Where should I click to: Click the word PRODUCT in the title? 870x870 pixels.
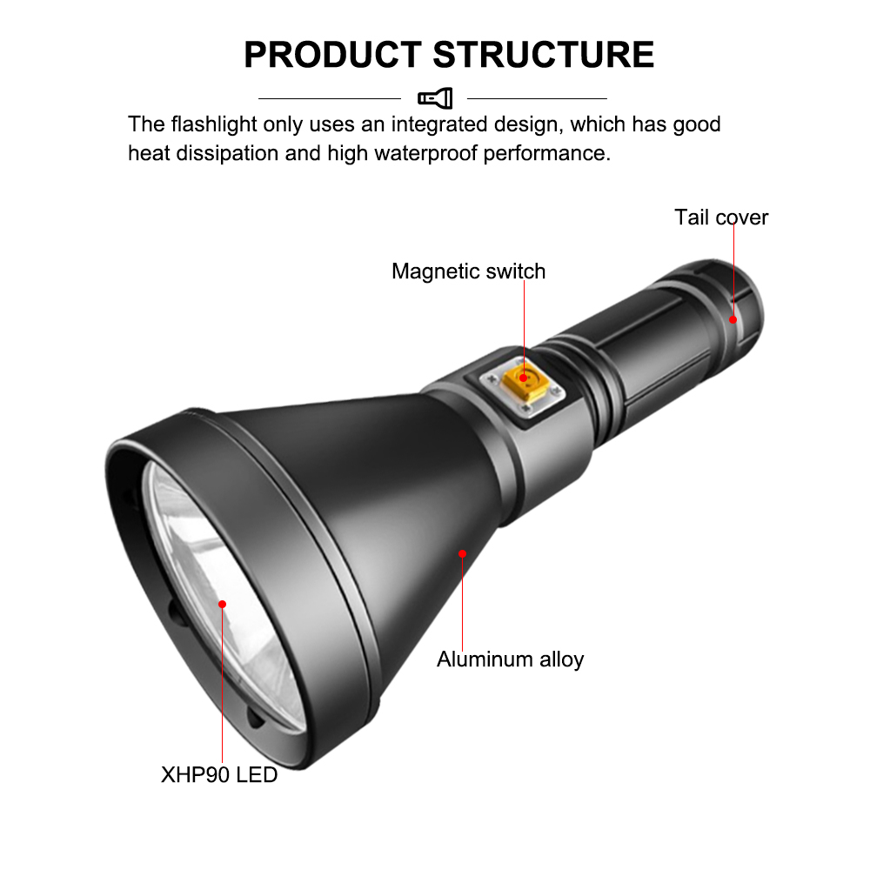[x=332, y=54]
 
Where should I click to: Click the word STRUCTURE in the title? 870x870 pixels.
[x=543, y=54]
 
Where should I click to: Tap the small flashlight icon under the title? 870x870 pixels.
[x=435, y=98]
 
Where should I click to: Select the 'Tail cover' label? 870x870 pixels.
[x=721, y=217]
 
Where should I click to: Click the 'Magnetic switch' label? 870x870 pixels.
[x=468, y=271]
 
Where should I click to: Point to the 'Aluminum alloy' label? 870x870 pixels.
[x=510, y=659]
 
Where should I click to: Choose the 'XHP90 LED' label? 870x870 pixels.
[x=219, y=774]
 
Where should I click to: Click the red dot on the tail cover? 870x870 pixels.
[x=733, y=319]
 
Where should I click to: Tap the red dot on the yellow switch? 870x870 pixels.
[x=524, y=378]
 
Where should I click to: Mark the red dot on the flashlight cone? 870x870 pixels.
[x=463, y=553]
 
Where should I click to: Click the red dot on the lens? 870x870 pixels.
[x=223, y=604]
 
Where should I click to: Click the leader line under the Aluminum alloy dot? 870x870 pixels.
[x=463, y=600]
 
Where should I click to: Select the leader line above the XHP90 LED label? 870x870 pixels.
[x=223, y=687]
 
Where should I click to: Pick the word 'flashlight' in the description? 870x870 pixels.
[x=215, y=124]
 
